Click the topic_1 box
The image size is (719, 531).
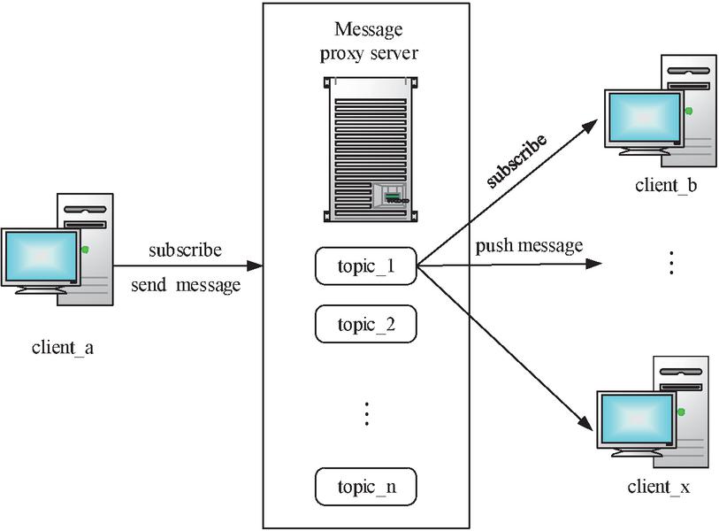tap(365, 265)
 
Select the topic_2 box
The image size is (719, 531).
tap(365, 325)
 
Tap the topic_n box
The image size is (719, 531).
tap(365, 486)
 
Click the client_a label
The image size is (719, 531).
tap(63, 348)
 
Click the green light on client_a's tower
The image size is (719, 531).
tap(85, 250)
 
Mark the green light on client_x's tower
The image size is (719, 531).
tap(681, 411)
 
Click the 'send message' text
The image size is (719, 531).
tap(187, 285)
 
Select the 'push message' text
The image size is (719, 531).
tap(529, 245)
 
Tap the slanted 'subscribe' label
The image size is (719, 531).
tap(516, 160)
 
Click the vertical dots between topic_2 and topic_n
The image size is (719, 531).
tap(366, 413)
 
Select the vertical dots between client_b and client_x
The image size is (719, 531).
tap(671, 263)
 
